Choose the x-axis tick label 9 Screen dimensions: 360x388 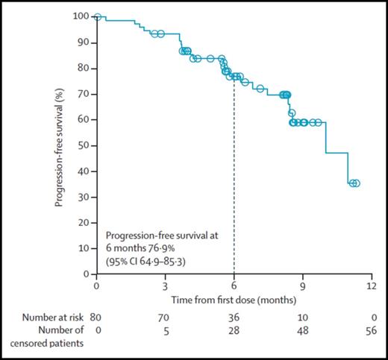(x=303, y=285)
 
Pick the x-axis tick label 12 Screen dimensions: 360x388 (x=372, y=285)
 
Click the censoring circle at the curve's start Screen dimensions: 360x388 (x=98, y=16)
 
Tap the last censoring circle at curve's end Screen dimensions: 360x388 (x=356, y=183)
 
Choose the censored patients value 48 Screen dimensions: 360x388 (x=303, y=329)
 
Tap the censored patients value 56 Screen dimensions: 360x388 (x=372, y=329)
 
